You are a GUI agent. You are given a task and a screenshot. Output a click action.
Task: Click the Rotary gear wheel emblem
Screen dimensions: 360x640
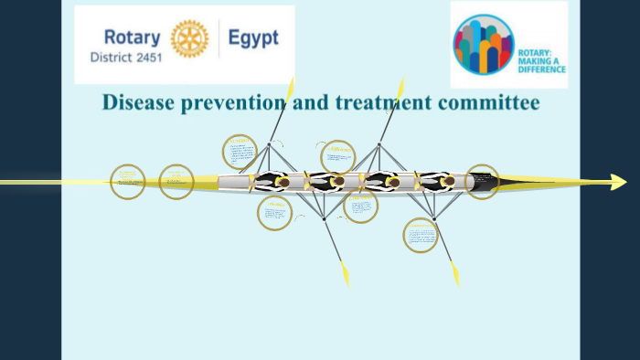(190, 38)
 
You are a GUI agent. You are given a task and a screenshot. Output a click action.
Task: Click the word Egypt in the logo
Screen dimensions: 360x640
(255, 38)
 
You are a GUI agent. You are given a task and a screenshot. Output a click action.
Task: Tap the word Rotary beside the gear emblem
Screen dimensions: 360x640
(132, 37)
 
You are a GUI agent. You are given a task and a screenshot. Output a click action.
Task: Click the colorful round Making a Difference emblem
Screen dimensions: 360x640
(483, 44)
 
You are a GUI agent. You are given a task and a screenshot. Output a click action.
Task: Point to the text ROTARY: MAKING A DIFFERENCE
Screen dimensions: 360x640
(541, 62)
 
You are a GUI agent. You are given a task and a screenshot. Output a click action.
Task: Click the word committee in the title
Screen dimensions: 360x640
(488, 101)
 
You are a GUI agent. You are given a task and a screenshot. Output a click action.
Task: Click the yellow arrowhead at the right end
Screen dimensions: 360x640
(618, 182)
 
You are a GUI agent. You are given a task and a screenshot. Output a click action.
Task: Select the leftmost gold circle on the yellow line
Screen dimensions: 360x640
(128, 182)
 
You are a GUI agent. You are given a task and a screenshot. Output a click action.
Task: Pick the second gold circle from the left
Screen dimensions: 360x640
(176, 182)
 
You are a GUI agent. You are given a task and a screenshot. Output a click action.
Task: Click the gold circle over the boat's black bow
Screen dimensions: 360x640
(482, 182)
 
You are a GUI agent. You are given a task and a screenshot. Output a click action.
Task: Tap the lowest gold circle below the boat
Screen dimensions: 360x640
(421, 235)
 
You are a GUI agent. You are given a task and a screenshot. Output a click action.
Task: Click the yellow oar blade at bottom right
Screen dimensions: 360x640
(454, 273)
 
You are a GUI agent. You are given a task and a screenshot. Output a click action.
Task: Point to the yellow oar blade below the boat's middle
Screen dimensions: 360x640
(345, 273)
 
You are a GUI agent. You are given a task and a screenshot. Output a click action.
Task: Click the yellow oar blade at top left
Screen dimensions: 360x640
(290, 90)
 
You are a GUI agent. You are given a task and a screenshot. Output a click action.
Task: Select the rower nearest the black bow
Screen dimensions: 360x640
(448, 182)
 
